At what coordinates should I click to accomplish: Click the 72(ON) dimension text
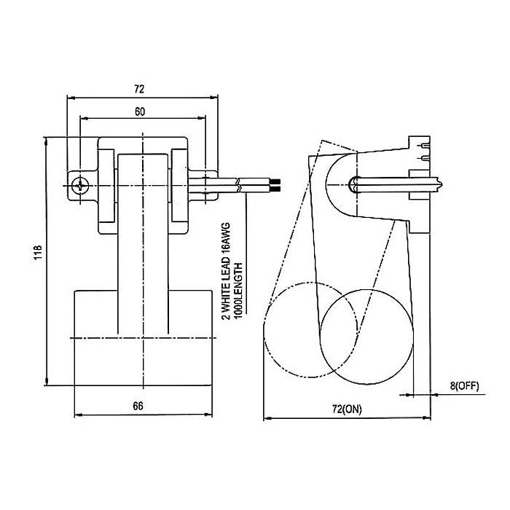point(347,409)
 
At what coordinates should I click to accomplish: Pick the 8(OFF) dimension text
point(463,385)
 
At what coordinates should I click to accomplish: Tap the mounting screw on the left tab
point(81,185)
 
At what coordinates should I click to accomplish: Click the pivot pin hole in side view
point(354,184)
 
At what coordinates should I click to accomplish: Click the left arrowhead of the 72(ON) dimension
point(266,418)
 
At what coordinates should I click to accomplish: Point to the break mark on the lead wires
point(239,184)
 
